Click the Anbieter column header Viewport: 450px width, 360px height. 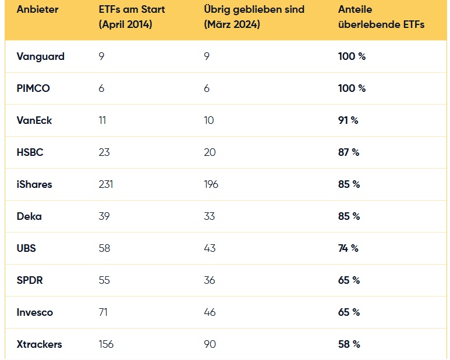click(37, 9)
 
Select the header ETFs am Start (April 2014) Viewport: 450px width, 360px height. click(132, 17)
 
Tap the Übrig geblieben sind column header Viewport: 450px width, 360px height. click(254, 17)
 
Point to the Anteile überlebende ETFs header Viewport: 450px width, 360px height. click(381, 17)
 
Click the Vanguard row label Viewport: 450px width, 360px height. click(41, 56)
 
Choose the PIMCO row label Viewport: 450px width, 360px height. click(33, 88)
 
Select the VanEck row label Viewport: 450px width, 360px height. click(34, 120)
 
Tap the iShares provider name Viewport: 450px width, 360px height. click(34, 184)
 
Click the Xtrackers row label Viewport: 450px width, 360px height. click(40, 344)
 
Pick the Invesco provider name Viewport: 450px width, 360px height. click(35, 312)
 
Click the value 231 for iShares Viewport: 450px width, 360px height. click(106, 184)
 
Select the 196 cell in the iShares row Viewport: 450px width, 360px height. click(211, 184)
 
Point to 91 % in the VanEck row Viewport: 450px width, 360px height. click(348, 120)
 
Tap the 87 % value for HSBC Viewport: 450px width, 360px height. click(349, 152)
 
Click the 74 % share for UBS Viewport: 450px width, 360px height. click(348, 248)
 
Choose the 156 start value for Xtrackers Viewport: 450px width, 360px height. click(106, 344)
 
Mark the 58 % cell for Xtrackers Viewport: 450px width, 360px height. click(349, 344)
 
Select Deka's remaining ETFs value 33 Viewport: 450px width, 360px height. click(210, 216)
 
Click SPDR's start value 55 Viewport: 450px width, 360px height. click(104, 280)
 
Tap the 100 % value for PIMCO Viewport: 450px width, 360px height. click(352, 88)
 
